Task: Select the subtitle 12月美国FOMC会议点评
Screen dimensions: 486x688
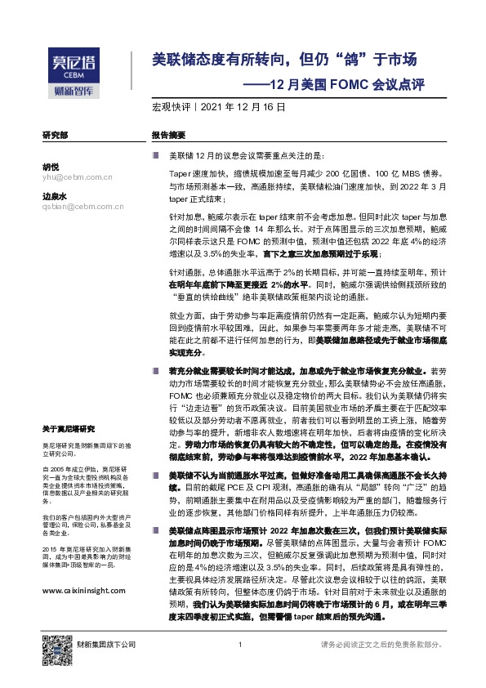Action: (349, 83)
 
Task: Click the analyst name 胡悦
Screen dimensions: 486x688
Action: (51, 166)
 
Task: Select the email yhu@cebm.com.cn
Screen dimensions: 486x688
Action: (77, 176)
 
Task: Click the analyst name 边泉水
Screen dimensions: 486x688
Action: (55, 196)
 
